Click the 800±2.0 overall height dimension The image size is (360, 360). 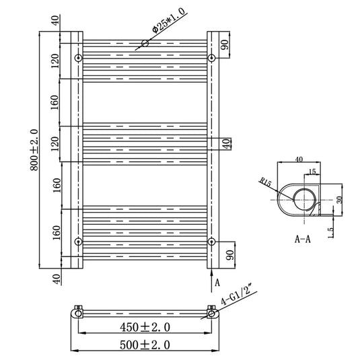click(34, 150)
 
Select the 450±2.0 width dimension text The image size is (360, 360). click(145, 327)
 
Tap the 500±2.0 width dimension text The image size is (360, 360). click(145, 345)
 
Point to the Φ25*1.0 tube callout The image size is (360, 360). click(169, 21)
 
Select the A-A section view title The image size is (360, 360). click(303, 240)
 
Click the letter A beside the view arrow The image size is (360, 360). click(217, 283)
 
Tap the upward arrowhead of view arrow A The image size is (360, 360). click(211, 272)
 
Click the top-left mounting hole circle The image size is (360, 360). click(79, 58)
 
